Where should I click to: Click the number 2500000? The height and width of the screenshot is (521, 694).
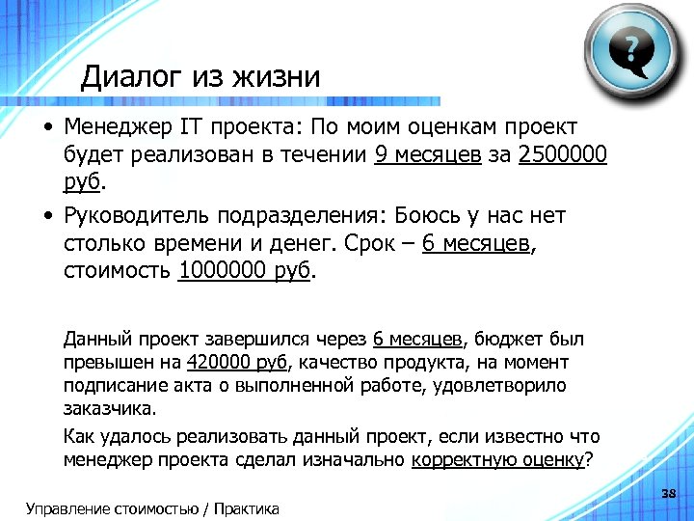tap(563, 154)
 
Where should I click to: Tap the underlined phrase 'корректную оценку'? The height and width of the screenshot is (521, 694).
tap(497, 458)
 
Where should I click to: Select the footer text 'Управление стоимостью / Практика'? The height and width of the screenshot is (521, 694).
tap(153, 508)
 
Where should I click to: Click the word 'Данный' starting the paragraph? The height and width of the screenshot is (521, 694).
tap(93, 339)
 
